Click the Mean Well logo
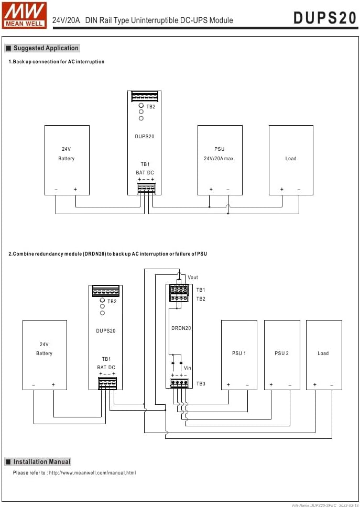tap(24, 15)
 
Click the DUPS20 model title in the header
tap(325, 18)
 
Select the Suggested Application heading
tap(46, 48)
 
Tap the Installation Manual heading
tap(41, 462)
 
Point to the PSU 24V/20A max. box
tap(220, 160)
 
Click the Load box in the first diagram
tap(291, 160)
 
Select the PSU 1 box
tap(239, 355)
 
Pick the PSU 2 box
tap(282, 355)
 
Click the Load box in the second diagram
tap(323, 355)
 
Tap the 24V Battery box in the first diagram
tap(67, 160)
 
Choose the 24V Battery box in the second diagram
tap(45, 355)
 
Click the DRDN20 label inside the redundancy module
tap(181, 328)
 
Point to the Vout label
tap(193, 278)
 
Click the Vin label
tap(188, 369)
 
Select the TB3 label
tap(201, 384)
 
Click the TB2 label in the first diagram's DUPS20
tap(151, 107)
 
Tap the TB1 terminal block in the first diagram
tap(146, 188)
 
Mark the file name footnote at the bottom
tap(324, 504)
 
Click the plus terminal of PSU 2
tap(271, 385)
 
